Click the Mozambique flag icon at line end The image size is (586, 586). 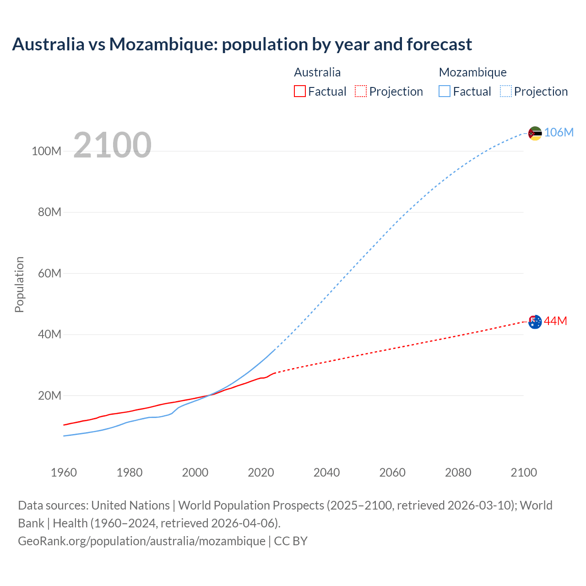tap(535, 133)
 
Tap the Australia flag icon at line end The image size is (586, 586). tap(535, 322)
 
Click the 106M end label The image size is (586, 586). tap(559, 132)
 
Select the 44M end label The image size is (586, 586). tap(556, 321)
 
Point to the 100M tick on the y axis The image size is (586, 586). tap(46, 151)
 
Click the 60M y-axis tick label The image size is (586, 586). tap(49, 273)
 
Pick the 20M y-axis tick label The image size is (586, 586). tap(49, 396)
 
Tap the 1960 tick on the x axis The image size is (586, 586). tap(64, 472)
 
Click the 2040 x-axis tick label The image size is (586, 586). tap(326, 472)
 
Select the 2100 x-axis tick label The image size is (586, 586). tap(523, 472)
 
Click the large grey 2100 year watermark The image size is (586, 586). tap(112, 145)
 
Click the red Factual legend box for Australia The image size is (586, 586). tap(299, 91)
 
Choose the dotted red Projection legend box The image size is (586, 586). tap(361, 91)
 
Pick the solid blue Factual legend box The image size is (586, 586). tap(444, 91)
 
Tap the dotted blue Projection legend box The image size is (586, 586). tap(505, 91)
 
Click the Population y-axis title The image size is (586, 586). tap(19, 284)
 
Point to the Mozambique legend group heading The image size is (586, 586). tap(472, 72)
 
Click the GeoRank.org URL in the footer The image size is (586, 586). tap(141, 541)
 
